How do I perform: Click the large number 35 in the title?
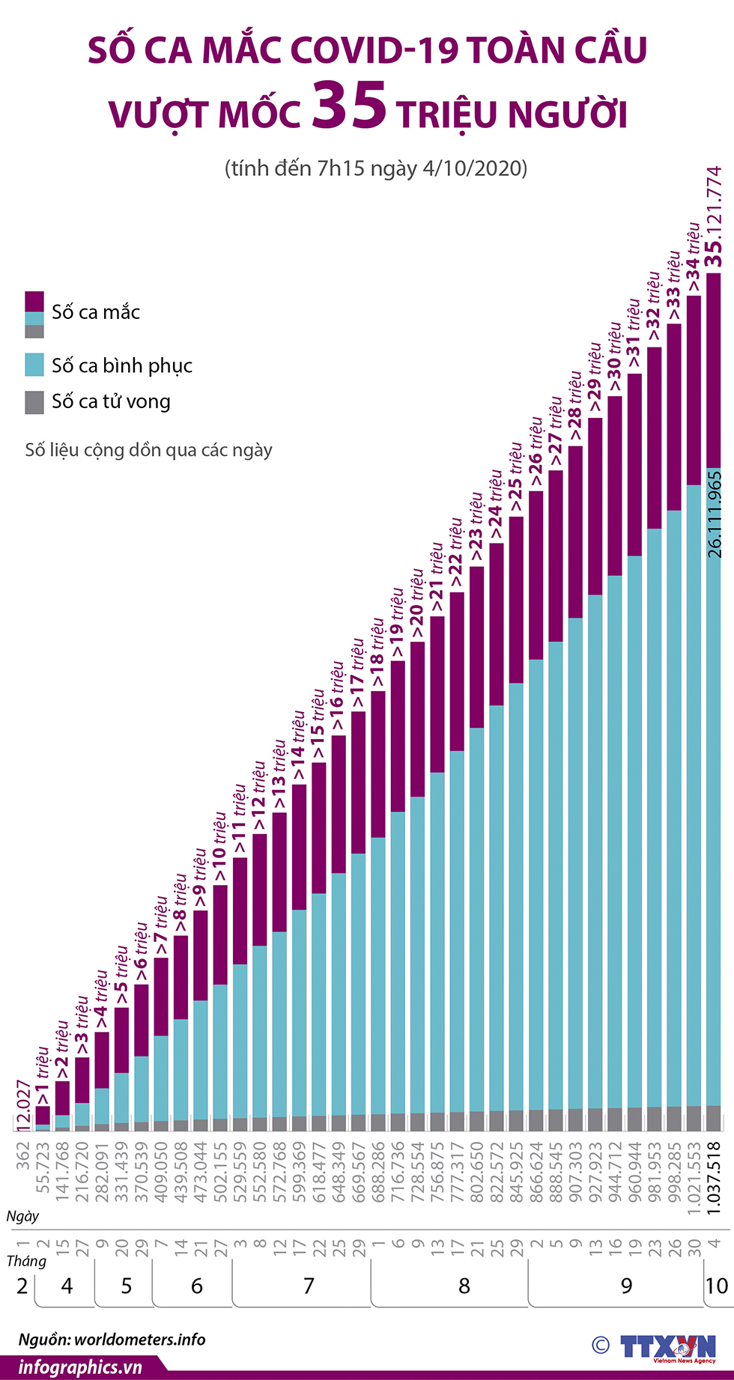tap(349, 107)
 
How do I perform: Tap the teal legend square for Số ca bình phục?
tap(34, 365)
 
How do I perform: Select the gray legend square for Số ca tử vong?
tap(34, 402)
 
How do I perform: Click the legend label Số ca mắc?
tap(96, 312)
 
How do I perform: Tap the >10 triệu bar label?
tap(219, 848)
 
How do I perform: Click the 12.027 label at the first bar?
tap(23, 1105)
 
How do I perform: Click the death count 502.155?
tap(220, 1172)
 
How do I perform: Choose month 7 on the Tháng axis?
tap(309, 1286)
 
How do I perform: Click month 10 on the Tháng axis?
tap(716, 1286)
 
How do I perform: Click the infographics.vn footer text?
tap(80, 1367)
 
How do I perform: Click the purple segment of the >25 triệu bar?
tap(516, 599)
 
